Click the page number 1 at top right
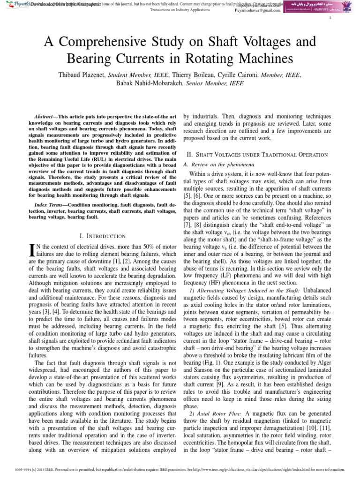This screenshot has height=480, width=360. tap(331, 18)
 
